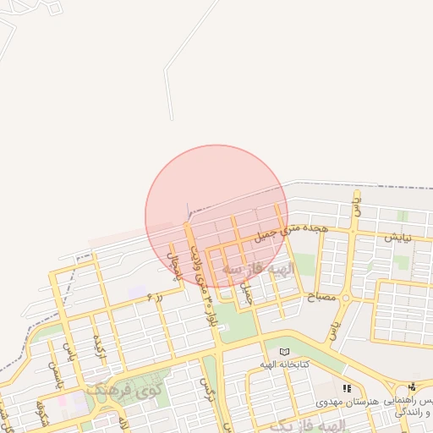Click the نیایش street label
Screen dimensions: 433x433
tap(397, 238)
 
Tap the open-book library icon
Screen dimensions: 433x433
tap(284, 352)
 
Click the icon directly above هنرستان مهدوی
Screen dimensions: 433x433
tap(347, 388)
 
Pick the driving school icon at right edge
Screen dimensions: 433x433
tap(412, 386)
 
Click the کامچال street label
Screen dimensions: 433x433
tap(175, 265)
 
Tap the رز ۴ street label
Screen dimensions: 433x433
tap(154, 297)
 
